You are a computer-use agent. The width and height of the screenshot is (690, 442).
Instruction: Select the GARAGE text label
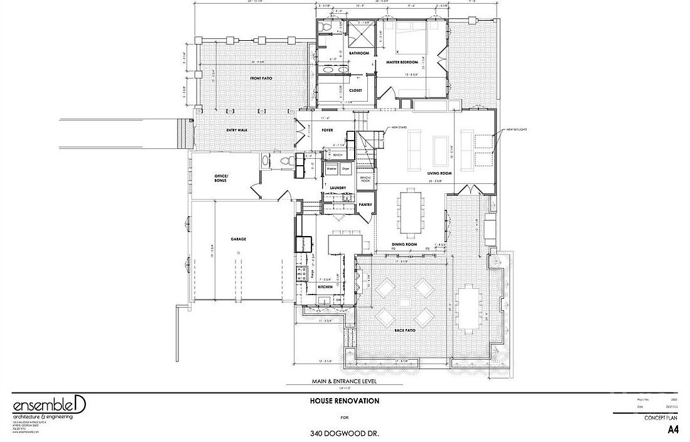tap(238, 239)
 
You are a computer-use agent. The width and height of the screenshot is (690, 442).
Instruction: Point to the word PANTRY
tap(365, 205)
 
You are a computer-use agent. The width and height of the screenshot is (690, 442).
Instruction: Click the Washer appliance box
tap(332, 170)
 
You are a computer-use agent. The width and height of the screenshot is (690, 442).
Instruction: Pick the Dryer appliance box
tap(345, 170)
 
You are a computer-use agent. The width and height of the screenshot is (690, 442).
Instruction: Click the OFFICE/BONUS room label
tap(220, 178)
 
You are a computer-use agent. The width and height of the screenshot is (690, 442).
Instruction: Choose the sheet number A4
tap(672, 431)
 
